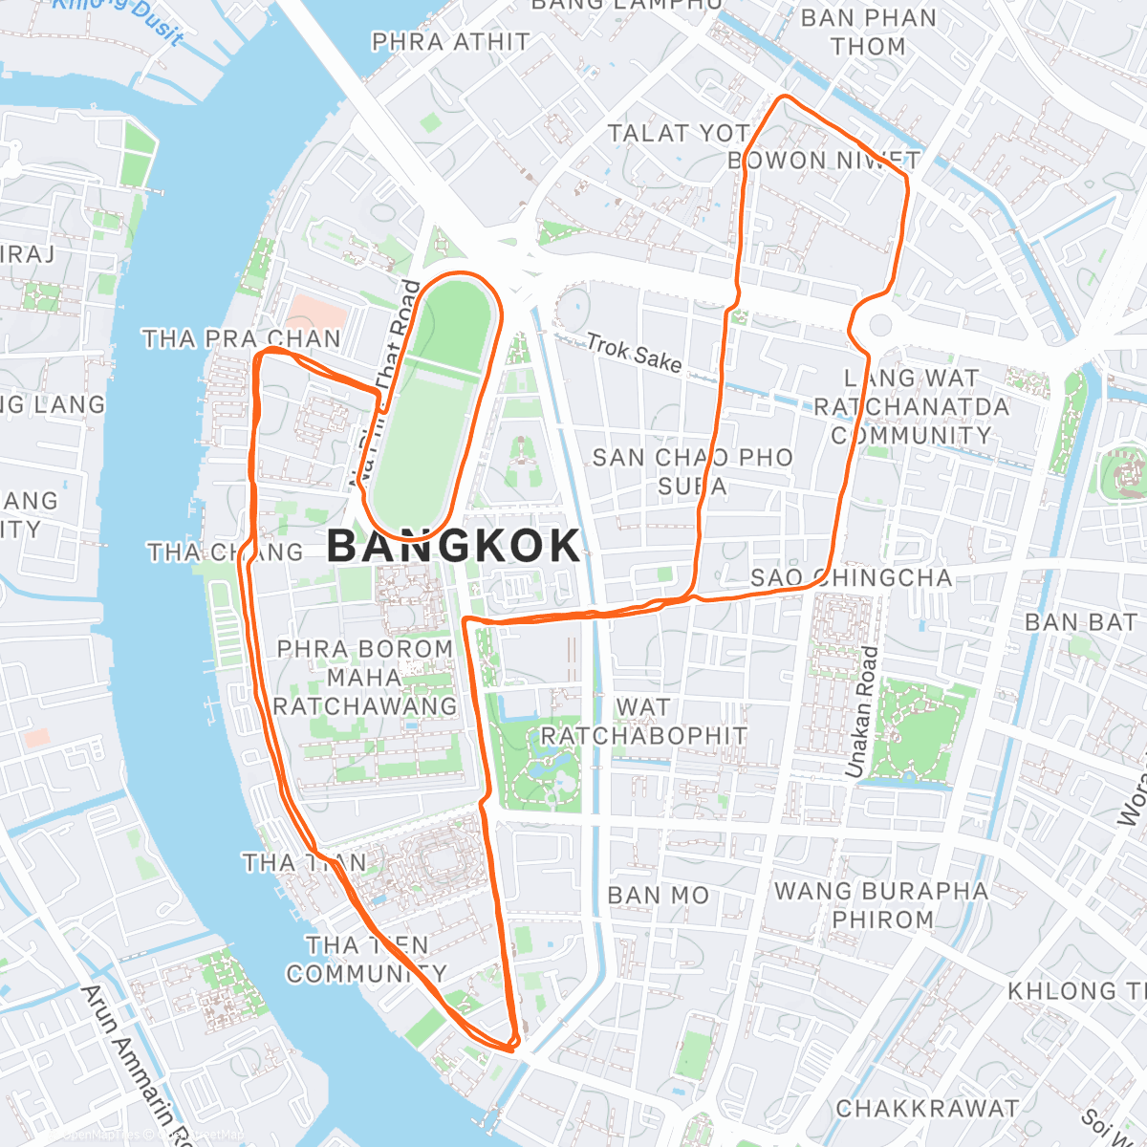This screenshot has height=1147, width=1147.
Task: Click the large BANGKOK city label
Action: pos(454,546)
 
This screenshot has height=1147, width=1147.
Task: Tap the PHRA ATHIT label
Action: pos(450,42)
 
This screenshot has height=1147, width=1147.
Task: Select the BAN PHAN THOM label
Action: pos(868,32)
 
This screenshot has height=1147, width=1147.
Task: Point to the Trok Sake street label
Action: pos(634,353)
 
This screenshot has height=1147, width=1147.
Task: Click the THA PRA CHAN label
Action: pos(241,339)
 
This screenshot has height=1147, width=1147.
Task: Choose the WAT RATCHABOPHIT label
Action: pos(643,722)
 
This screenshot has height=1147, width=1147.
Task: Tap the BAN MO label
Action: pos(659,896)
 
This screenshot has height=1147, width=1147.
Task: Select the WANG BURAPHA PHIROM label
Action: pos(881,905)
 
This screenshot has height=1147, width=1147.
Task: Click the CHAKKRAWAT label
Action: pos(927,1109)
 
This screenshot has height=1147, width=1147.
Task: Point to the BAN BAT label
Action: pos(1080,623)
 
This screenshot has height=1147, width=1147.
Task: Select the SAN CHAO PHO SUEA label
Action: pos(693,472)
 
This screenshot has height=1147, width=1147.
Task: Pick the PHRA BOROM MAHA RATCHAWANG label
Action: pos(365,678)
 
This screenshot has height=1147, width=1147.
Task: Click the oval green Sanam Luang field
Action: pos(436,401)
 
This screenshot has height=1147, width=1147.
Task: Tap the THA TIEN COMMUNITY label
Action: pos(366,960)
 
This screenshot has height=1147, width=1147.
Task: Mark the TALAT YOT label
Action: pos(679,134)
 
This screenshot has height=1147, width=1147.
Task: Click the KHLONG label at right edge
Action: pos(1075,990)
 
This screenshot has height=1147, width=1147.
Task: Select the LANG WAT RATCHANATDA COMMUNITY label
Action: pos(911,407)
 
